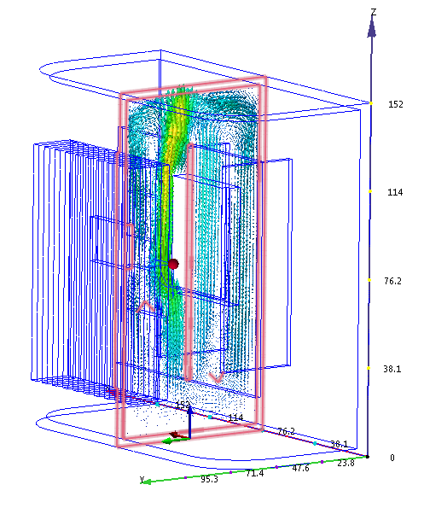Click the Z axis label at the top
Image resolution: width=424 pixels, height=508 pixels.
pyautogui.click(x=374, y=11)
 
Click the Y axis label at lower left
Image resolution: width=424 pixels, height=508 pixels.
pyautogui.click(x=142, y=480)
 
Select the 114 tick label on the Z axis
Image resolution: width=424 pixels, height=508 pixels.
pyautogui.click(x=395, y=192)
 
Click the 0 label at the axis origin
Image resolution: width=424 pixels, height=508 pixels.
pyautogui.click(x=392, y=458)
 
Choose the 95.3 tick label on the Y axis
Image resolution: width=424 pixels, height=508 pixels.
pyautogui.click(x=209, y=479)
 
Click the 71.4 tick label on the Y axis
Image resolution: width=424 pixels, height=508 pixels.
pyautogui.click(x=254, y=473)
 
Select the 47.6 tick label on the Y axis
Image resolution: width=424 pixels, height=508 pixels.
pyautogui.click(x=300, y=469)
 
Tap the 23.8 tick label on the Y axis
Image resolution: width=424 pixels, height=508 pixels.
pyautogui.click(x=346, y=464)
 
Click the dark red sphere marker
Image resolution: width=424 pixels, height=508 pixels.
pyautogui.click(x=173, y=264)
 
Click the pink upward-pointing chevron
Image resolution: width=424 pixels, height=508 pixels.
pyautogui.click(x=148, y=305)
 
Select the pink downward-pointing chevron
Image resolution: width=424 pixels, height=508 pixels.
pyautogui.click(x=216, y=375)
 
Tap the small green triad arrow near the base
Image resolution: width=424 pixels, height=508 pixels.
pyautogui.click(x=171, y=439)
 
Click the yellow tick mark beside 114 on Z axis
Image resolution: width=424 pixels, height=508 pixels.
pyautogui.click(x=371, y=191)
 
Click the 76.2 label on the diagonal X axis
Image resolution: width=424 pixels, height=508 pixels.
pyautogui.click(x=287, y=431)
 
